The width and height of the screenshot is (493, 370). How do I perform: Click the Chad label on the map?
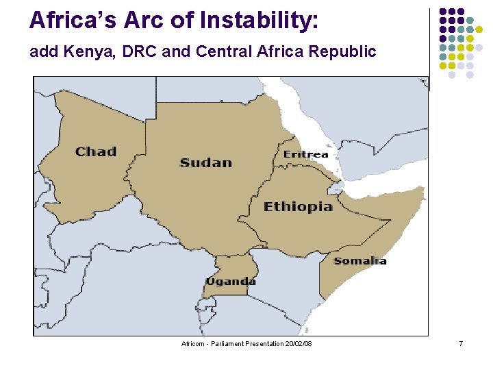click(96, 151)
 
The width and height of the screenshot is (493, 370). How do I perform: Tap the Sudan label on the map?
click(206, 162)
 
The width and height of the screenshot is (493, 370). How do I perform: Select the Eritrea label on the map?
click(305, 154)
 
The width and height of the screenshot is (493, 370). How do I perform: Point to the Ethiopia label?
click(299, 206)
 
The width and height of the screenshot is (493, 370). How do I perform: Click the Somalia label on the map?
click(359, 260)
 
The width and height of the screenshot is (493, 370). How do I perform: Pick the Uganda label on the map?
click(231, 281)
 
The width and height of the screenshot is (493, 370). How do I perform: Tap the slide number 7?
click(461, 343)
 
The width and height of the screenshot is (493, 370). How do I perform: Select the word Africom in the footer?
click(193, 343)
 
